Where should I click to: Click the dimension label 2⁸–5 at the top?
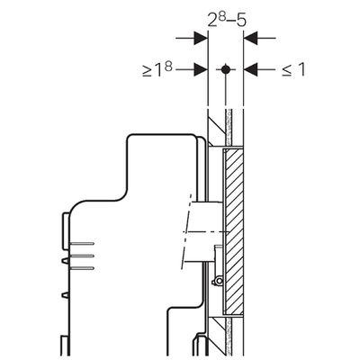point(227,21)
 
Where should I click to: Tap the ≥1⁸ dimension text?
point(157,70)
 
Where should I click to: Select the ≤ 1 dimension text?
point(293,70)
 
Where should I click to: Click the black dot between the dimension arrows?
point(225,70)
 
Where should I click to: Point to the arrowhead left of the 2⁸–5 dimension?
point(201,38)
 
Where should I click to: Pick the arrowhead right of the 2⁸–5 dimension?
point(250,38)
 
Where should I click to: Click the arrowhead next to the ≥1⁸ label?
point(201,70)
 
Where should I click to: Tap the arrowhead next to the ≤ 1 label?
point(250,70)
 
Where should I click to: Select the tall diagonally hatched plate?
point(234,232)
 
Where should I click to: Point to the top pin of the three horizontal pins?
point(82,243)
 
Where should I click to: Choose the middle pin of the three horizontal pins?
point(82,256)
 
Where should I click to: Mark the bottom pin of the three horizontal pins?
point(82,268)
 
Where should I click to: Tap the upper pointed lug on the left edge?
point(66,261)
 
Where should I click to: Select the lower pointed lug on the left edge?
point(66,295)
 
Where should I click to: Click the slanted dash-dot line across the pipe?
point(185,231)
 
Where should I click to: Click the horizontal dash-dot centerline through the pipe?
point(205,232)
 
